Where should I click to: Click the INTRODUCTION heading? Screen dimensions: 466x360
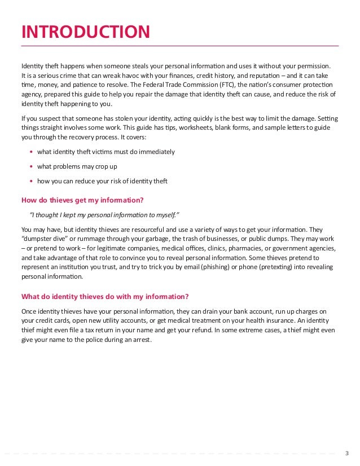pyautogui.click(x=85, y=32)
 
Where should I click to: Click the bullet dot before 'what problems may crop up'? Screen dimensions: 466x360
pyautogui.click(x=30, y=166)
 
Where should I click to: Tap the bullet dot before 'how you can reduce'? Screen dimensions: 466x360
pyautogui.click(x=30, y=181)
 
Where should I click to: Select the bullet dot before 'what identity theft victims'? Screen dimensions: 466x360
pyautogui.click(x=30, y=152)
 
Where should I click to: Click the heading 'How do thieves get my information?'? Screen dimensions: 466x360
pyautogui.click(x=82, y=199)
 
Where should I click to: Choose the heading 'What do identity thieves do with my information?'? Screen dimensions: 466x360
pyautogui.click(x=105, y=296)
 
